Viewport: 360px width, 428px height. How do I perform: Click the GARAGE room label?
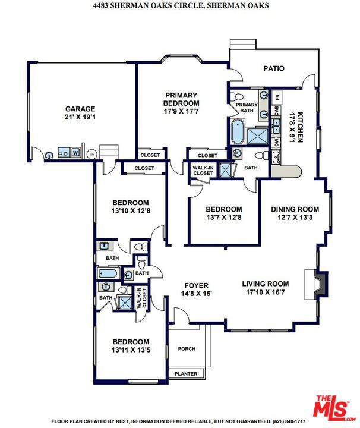[80, 109]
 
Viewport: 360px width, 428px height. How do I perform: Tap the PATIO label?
[274, 68]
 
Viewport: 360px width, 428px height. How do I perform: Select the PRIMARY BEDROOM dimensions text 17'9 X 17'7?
[181, 111]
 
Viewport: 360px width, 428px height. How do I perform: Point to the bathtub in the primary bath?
[238, 132]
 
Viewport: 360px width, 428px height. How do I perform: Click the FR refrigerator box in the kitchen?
[277, 97]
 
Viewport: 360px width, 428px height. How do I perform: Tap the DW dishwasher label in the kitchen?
[277, 142]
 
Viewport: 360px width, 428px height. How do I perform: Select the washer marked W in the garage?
[75, 152]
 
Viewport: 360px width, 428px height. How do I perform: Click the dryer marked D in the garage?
[64, 153]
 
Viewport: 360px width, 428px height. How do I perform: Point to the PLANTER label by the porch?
[186, 374]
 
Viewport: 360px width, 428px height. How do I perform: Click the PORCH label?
[187, 349]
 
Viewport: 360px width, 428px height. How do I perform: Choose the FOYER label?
[197, 285]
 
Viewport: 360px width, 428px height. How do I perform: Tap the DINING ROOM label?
[295, 209]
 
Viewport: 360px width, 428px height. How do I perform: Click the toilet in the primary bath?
[236, 96]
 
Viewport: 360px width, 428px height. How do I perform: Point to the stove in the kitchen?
[276, 158]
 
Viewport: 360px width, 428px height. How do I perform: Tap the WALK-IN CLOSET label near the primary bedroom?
[203, 171]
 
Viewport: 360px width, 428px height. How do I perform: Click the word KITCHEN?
[300, 127]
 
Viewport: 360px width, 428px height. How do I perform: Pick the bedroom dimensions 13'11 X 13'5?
[131, 350]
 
